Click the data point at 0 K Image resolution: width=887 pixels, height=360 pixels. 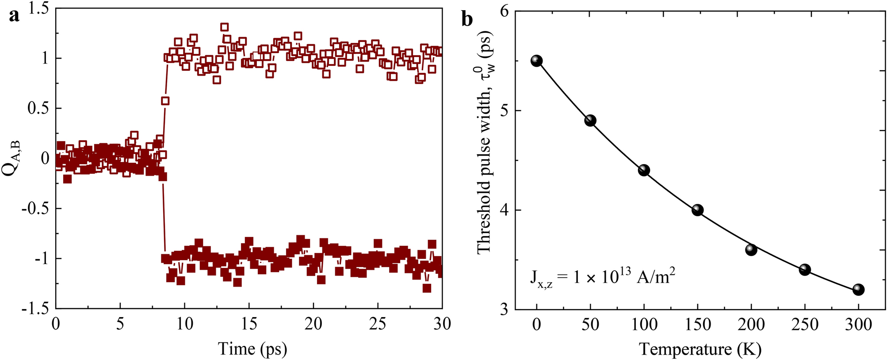[536, 61]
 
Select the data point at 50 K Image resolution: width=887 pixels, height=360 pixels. [590, 121]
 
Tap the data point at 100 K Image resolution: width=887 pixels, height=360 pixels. [644, 170]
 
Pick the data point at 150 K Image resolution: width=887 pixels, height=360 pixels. [697, 210]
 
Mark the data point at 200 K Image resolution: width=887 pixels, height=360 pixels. [751, 250]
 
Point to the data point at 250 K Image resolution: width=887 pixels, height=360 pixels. [805, 270]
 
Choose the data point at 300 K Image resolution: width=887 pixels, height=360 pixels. [858, 290]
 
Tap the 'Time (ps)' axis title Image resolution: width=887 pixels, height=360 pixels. [252, 349]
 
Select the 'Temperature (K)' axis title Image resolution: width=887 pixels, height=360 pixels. [700, 349]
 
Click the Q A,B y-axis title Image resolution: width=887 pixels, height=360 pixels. [11, 158]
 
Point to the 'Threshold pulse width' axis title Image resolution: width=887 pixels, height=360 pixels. [485, 142]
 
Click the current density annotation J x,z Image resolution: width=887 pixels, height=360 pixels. [602, 277]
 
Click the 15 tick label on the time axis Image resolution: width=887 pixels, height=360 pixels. [249, 324]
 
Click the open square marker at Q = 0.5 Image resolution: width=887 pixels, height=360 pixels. [165, 101]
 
